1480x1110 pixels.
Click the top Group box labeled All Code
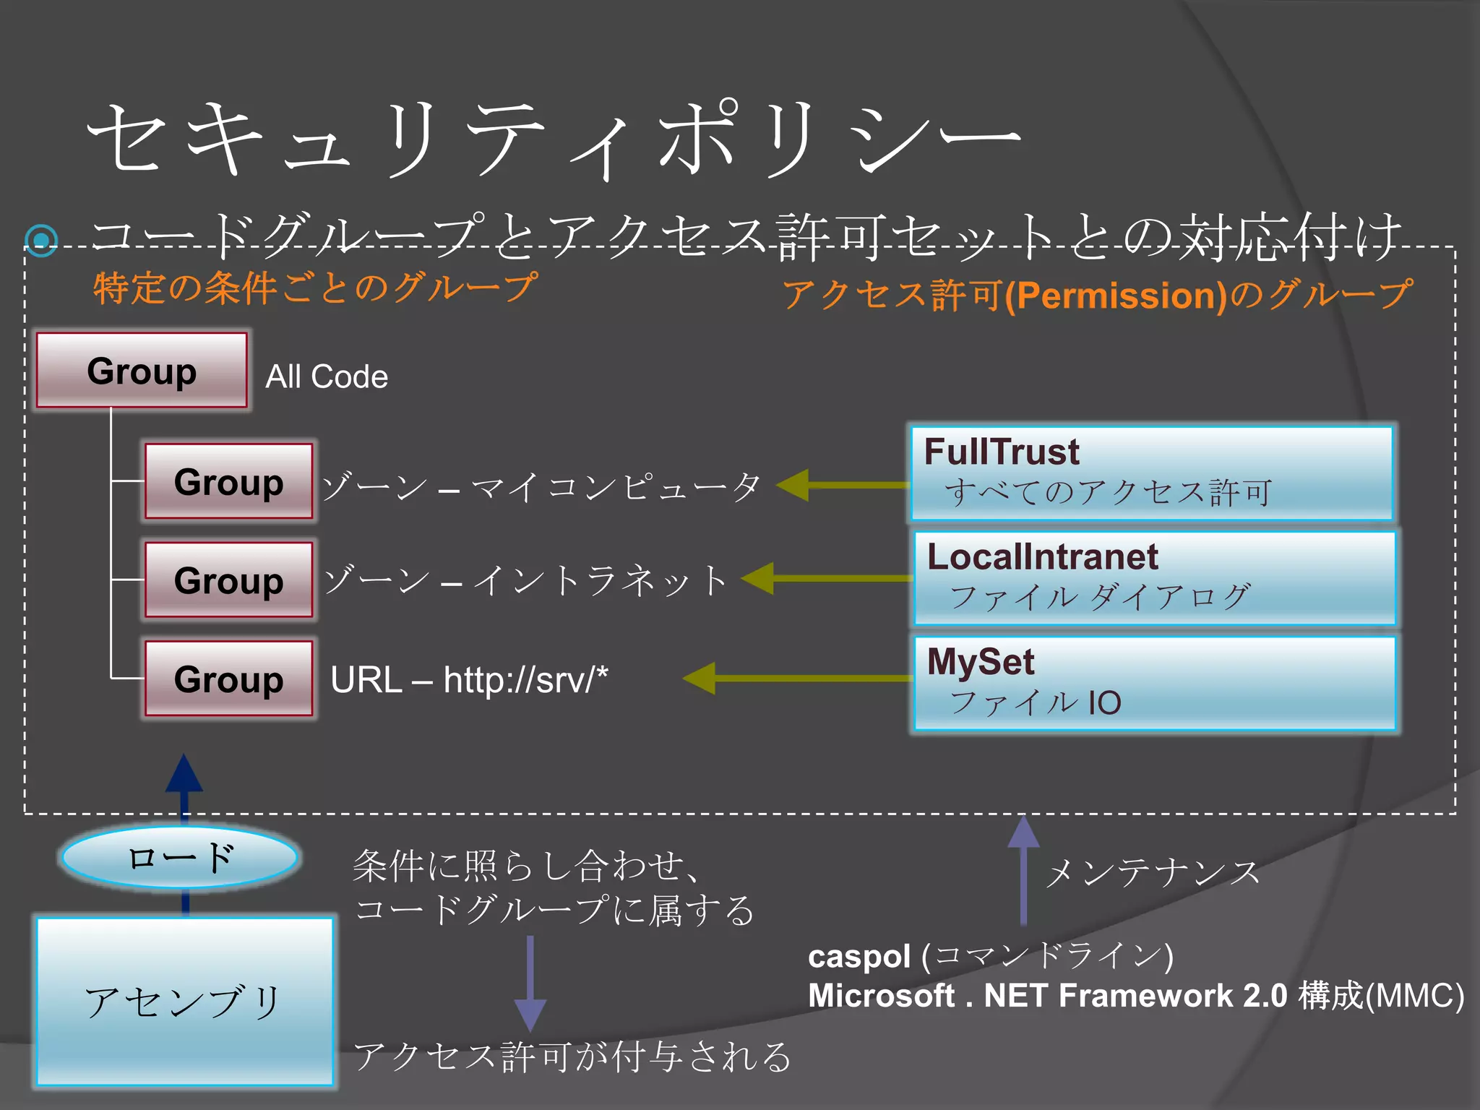point(142,370)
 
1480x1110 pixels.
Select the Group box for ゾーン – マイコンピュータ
point(228,481)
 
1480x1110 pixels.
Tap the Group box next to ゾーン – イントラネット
point(228,580)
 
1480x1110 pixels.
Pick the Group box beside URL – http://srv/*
point(228,679)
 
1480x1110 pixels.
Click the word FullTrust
point(1002,452)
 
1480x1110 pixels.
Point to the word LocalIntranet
point(1042,557)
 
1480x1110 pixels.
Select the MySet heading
point(980,662)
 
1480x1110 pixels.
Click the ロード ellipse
point(180,857)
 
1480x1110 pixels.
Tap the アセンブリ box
point(185,1002)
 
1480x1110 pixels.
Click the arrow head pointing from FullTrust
point(793,485)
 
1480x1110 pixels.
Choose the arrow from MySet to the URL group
point(795,679)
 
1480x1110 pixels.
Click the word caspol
point(859,957)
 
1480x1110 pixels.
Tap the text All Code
point(327,377)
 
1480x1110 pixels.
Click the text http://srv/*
point(525,680)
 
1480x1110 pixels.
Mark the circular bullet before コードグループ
point(41,239)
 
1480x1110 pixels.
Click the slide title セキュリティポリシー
point(553,139)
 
